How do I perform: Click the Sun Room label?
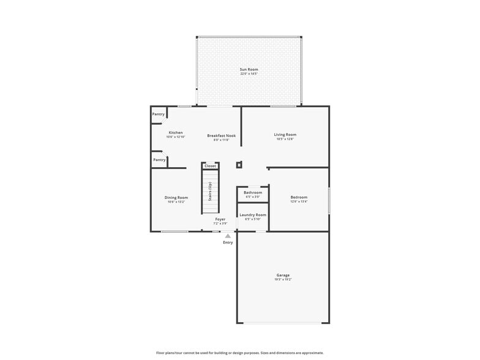249,69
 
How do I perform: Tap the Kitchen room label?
176,133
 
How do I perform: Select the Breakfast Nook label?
221,136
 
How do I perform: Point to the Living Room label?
285,135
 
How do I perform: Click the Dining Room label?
176,198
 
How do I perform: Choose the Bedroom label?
299,197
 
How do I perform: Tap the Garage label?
283,276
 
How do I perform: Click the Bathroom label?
253,193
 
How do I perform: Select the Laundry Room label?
253,215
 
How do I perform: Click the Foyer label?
220,219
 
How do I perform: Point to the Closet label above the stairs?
210,166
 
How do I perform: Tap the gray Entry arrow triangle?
228,236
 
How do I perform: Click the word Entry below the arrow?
228,242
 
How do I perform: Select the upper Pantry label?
159,114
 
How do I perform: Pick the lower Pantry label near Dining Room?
159,160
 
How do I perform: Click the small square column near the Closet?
239,165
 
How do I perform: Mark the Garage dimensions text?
283,280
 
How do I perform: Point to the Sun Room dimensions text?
249,73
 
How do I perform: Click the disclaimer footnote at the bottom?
240,353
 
